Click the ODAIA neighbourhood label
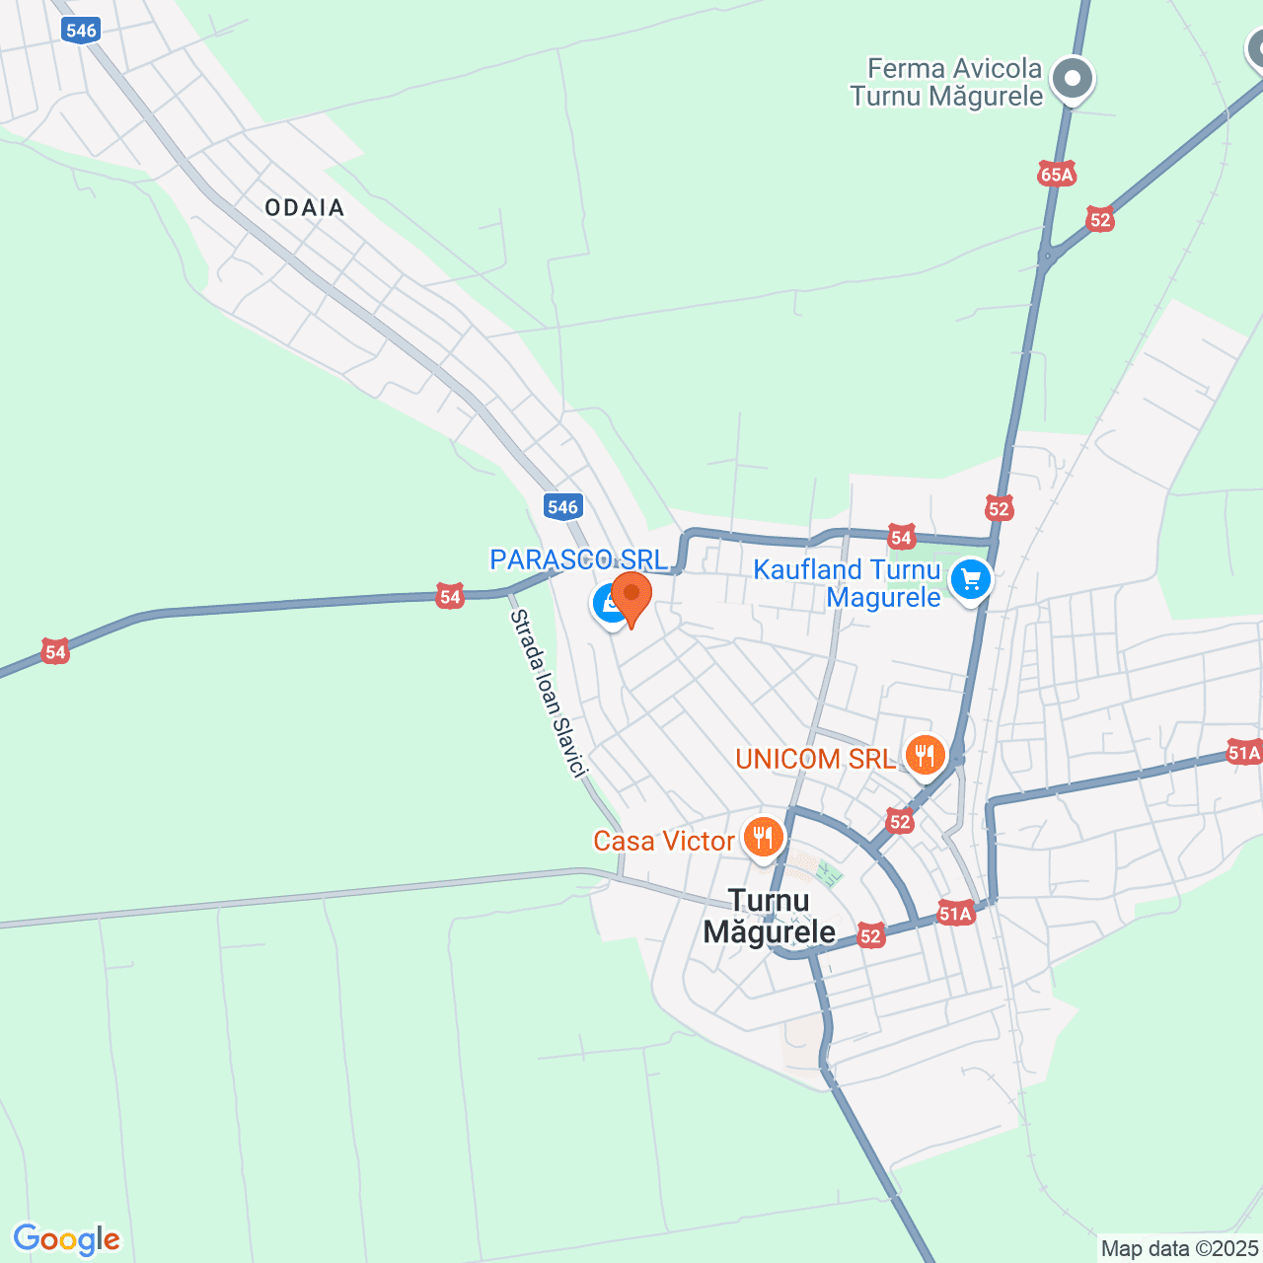304,207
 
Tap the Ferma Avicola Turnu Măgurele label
946,82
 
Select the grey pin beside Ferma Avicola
1072,79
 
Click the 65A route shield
1056,175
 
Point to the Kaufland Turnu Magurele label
847,583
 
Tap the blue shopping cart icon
971,579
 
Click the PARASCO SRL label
577,560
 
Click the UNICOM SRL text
815,759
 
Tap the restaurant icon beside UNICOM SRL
925,756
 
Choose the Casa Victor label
663,841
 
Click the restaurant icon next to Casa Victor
763,838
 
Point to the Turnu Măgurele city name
769,916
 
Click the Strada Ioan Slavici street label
549,693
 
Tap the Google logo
66,1239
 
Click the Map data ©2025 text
1179,1248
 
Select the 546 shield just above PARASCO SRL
562,507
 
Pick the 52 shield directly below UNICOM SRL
899,821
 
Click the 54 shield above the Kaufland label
901,537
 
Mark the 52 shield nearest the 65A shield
1099,219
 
